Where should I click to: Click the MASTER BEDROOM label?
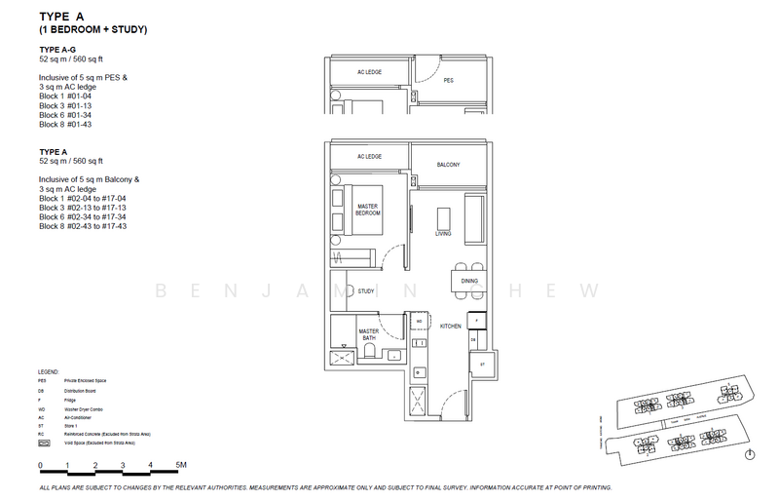(x=368, y=209)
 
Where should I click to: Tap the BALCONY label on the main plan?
(x=447, y=165)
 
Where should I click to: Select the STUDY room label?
(x=366, y=291)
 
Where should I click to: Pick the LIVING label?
(x=444, y=233)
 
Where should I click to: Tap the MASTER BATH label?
(x=368, y=336)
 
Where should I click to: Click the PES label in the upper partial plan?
(x=448, y=81)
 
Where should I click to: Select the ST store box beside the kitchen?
(x=482, y=364)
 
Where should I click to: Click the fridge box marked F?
(x=477, y=320)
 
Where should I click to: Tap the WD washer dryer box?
(x=419, y=321)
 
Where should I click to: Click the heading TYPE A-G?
(x=57, y=48)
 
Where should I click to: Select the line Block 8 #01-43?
(x=70, y=125)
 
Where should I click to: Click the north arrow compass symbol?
(x=750, y=454)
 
